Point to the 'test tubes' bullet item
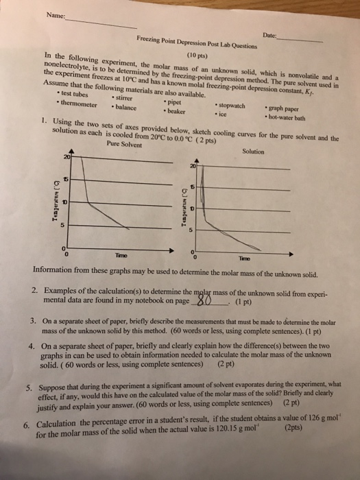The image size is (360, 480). click(x=77, y=93)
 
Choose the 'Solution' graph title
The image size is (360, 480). click(x=254, y=151)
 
